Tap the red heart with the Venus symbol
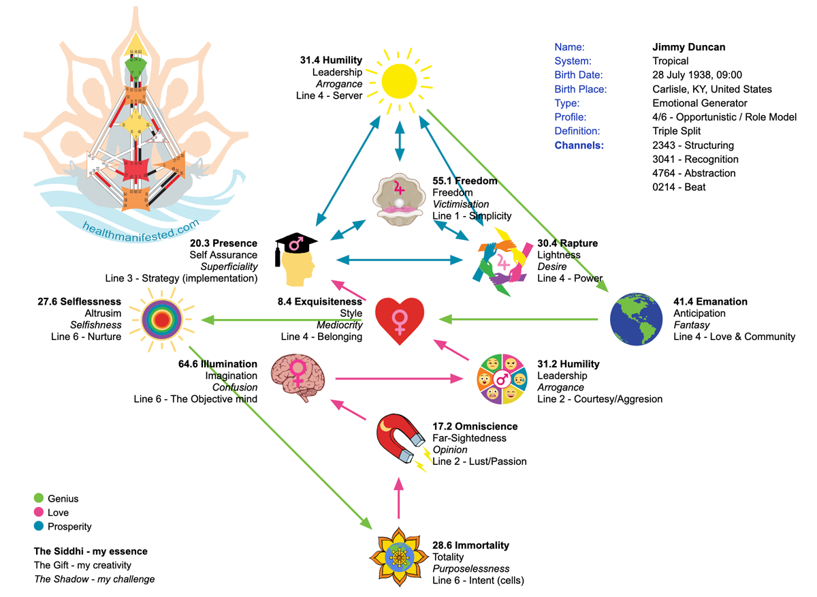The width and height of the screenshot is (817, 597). (400, 320)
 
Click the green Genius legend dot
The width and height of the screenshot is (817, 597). (39, 499)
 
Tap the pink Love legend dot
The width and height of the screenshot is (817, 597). (39, 512)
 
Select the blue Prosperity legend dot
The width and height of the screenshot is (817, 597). (39, 526)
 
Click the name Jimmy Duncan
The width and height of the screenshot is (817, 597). (688, 47)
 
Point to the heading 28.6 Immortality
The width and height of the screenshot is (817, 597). (470, 545)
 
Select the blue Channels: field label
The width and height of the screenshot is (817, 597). (579, 145)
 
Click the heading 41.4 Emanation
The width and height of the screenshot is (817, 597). (710, 301)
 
